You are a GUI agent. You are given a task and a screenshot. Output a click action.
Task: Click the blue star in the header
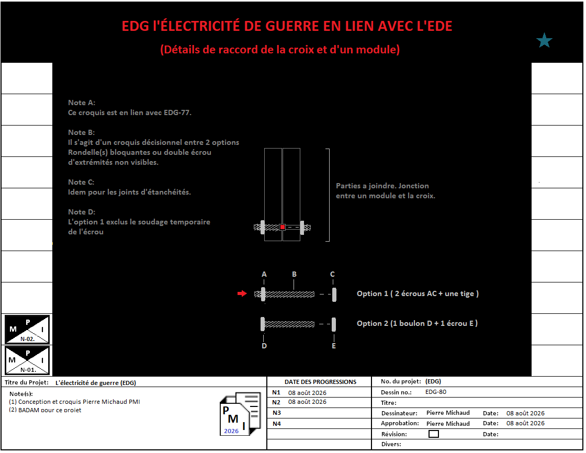544,40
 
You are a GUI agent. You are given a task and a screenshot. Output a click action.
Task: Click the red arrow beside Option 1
242,293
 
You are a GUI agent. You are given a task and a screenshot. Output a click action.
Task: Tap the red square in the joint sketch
283,227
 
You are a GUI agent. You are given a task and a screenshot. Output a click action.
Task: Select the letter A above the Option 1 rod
264,274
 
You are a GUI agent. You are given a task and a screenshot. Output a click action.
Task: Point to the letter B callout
294,274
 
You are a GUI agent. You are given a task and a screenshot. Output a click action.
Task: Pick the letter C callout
332,274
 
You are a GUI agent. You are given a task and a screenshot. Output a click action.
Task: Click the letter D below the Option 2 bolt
264,346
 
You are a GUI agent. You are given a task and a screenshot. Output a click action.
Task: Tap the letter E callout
334,346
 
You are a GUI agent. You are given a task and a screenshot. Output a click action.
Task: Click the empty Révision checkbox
434,434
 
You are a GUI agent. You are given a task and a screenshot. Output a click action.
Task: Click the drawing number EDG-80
436,392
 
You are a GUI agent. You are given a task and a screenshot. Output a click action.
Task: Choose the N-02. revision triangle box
27,329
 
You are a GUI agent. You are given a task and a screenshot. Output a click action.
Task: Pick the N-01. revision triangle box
27,360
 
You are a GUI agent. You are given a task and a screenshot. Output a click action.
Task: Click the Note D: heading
82,212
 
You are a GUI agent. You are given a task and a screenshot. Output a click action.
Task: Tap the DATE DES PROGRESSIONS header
320,382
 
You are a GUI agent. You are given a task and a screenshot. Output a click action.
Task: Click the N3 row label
277,413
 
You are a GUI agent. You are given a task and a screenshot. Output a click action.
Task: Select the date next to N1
307,393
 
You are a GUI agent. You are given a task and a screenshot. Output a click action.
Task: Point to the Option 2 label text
417,323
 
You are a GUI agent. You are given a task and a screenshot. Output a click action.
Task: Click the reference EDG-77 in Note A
177,112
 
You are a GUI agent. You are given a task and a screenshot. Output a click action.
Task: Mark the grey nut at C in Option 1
334,294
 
